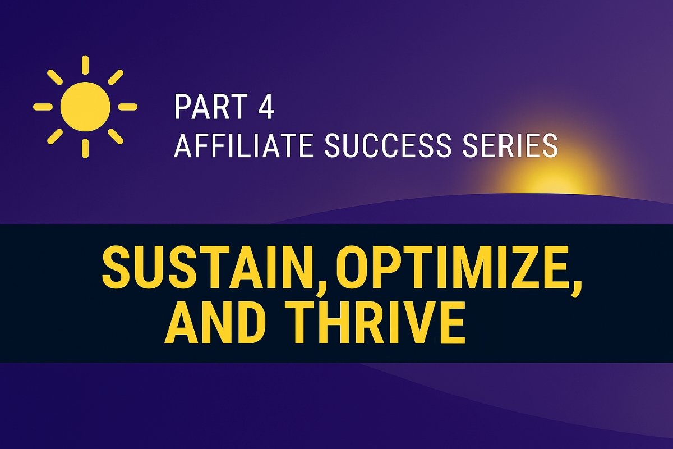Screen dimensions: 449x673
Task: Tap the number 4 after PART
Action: [x=266, y=108]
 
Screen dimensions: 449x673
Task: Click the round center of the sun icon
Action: [x=85, y=106]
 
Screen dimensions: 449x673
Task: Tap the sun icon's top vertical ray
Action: [x=85, y=64]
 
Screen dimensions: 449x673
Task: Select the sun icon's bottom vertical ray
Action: [x=85, y=148]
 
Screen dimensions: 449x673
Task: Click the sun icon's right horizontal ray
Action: [x=127, y=106]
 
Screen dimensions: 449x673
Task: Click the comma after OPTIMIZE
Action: [x=574, y=283]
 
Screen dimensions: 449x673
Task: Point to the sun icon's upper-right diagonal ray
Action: [x=116, y=77]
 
